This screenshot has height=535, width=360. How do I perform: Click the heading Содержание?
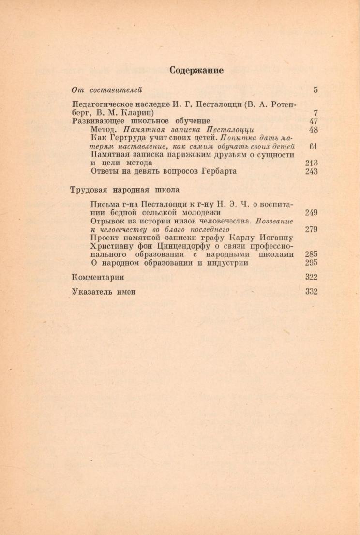tap(196, 70)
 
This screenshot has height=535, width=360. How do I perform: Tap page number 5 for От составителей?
tap(315, 89)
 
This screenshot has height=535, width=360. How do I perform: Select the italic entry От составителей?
tap(106, 89)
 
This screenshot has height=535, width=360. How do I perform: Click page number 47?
tap(313, 121)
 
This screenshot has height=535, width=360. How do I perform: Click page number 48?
tap(313, 130)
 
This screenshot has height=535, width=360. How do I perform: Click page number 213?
tap(311, 163)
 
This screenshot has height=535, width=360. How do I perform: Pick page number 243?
tap(311, 171)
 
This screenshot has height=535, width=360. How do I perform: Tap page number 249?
tap(311, 212)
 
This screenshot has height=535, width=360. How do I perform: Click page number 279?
tap(311, 229)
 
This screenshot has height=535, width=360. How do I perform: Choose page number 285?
tap(311, 254)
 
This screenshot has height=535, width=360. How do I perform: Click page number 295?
tap(311, 263)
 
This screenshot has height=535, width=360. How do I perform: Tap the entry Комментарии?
tap(98, 277)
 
